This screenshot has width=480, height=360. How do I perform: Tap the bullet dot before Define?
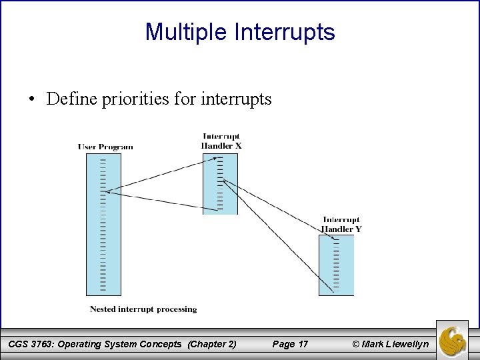(31, 100)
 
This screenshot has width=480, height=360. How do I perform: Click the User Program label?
(105, 147)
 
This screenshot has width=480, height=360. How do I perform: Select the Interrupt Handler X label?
(221, 141)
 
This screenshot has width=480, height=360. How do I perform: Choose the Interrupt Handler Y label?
(341, 224)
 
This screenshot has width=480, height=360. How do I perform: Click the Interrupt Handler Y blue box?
(336, 265)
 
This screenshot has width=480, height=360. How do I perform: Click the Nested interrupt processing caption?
(143, 309)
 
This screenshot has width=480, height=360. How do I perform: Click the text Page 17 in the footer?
(290, 344)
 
